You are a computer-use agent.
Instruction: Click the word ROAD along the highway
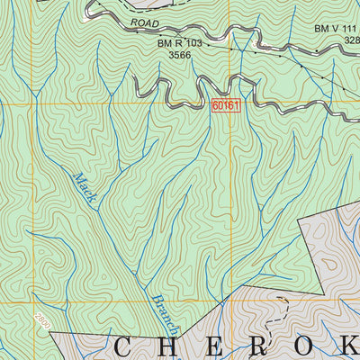tap(144, 22)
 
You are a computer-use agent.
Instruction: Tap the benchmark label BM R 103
tap(180, 41)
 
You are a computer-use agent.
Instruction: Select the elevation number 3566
tap(180, 55)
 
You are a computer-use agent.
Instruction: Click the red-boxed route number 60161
tap(226, 105)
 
